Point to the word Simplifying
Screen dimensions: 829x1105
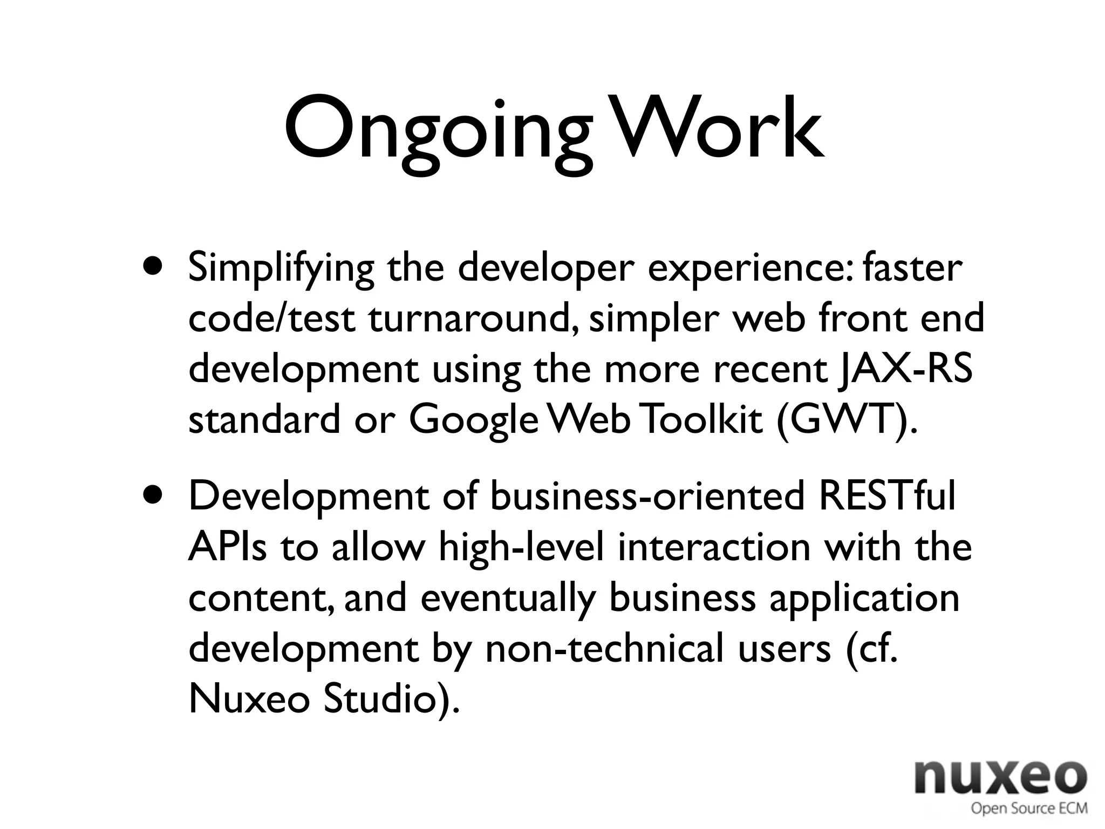(281, 268)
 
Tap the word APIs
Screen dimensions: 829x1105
(227, 546)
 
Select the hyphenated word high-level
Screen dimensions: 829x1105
(521, 547)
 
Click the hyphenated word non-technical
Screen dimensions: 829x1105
(604, 648)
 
